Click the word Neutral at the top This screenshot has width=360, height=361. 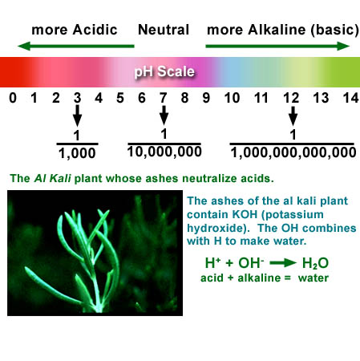(164, 30)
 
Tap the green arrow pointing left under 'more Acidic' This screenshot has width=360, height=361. (76, 47)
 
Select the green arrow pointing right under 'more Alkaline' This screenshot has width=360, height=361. (277, 47)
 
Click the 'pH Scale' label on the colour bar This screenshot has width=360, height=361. (164, 71)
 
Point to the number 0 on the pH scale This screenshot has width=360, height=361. (13, 98)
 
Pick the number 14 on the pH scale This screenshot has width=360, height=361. (350, 98)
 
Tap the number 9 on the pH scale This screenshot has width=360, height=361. (206, 98)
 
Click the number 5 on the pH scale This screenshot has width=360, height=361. (120, 98)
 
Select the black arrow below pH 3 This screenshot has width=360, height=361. (78, 116)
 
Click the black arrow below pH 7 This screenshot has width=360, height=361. (164, 115)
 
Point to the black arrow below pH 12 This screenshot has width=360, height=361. (293, 116)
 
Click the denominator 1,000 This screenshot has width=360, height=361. (77, 153)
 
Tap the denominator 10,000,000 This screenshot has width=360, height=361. (164, 152)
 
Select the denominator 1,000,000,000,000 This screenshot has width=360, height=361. (293, 153)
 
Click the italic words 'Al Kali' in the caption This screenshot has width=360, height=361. (53, 178)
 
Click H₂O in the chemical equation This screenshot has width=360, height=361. (315, 263)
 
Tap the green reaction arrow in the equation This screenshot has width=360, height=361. (283, 263)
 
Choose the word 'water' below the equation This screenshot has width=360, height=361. (313, 278)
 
